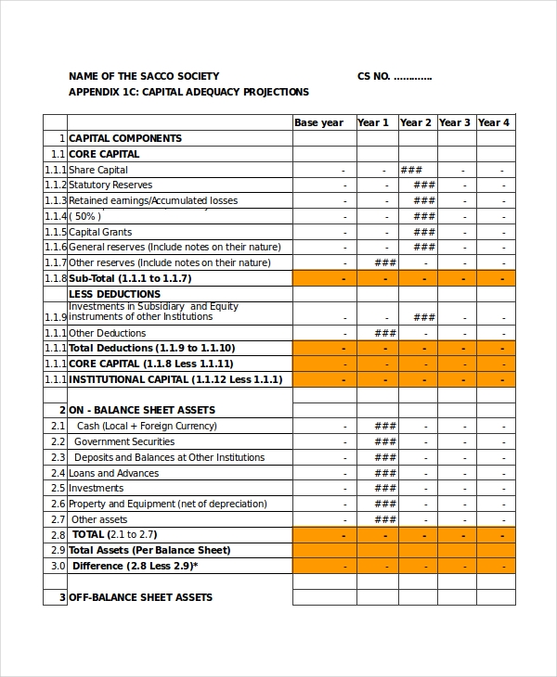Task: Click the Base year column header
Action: [318, 122]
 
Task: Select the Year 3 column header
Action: [454, 122]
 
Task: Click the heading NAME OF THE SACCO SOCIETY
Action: [144, 76]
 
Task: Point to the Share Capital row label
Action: [98, 170]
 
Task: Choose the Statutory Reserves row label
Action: [110, 185]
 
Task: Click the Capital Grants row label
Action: [100, 232]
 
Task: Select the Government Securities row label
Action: [123, 441]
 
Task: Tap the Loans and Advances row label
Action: [113, 473]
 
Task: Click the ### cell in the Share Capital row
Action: [411, 170]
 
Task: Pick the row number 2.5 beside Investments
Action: [58, 488]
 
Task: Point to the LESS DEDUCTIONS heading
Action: [115, 294]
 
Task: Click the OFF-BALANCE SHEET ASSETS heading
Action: [140, 597]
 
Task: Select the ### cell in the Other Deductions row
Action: [385, 333]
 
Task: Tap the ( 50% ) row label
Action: [85, 216]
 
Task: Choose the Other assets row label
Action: [99, 519]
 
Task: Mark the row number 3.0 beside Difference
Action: [58, 566]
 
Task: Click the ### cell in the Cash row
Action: [385, 426]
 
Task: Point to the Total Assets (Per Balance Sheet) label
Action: [149, 550]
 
